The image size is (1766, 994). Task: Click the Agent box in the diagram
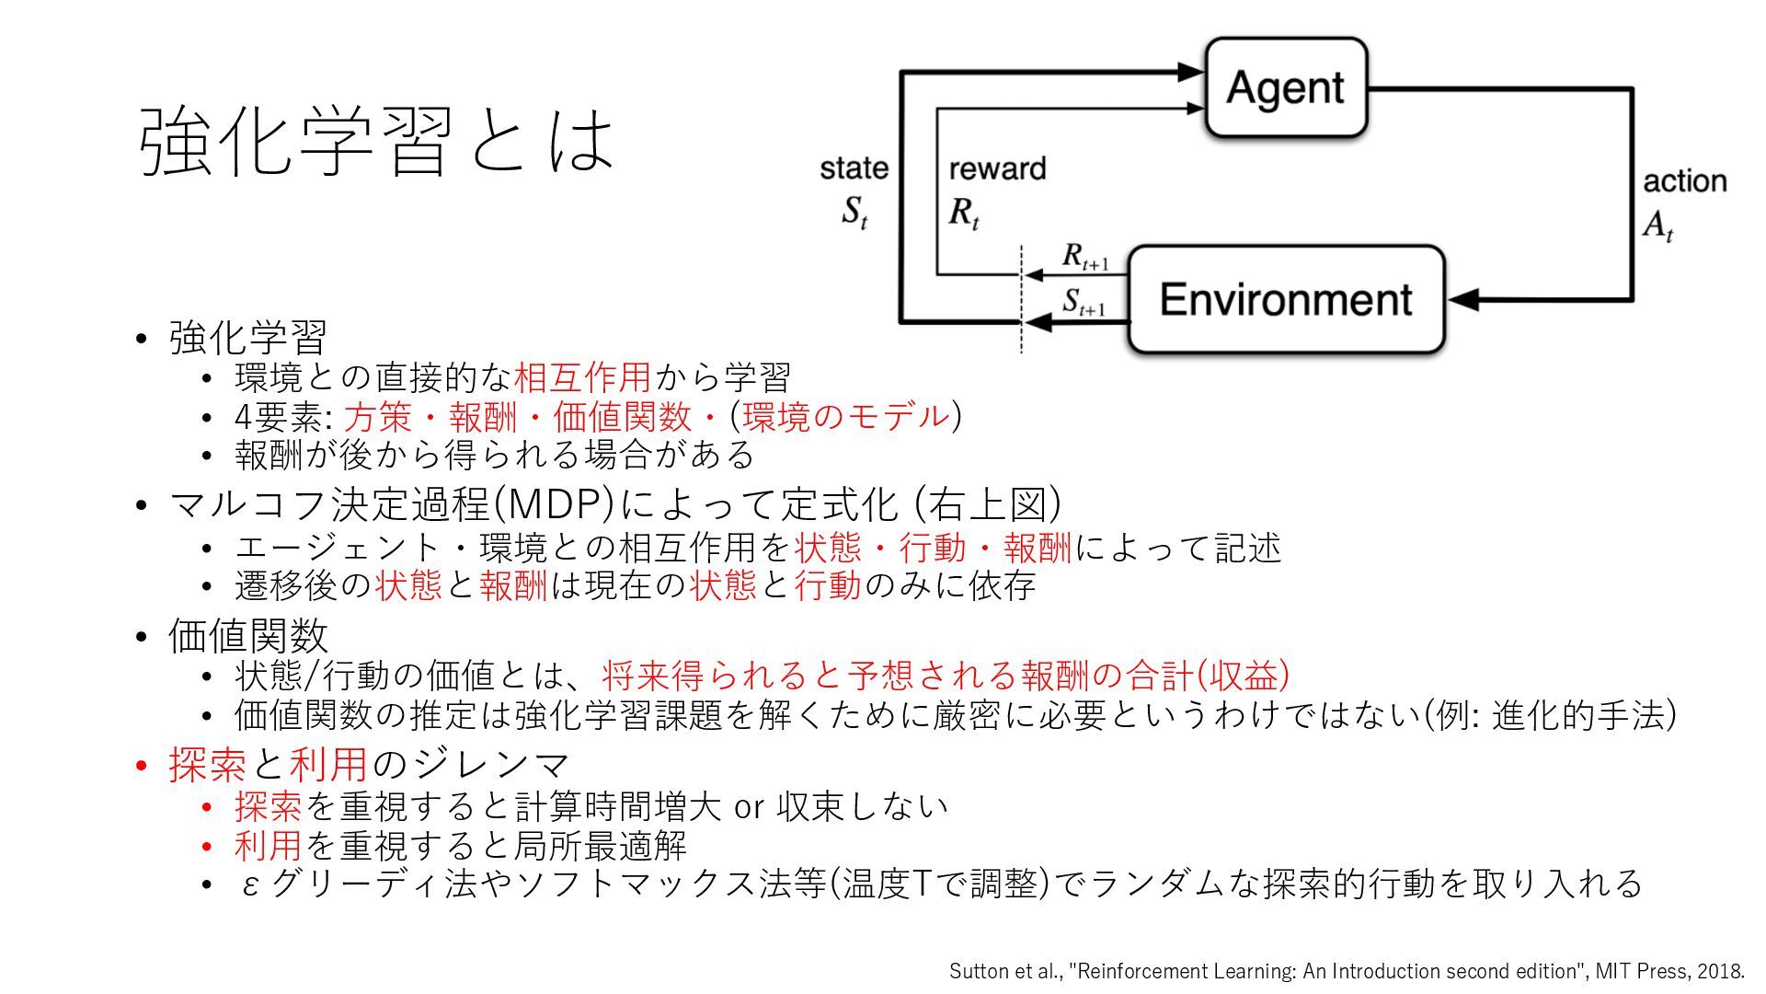coord(1286,87)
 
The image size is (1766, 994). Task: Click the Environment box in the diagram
coord(1286,299)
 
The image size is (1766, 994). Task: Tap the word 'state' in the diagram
coord(854,168)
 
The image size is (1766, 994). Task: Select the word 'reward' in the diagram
coord(997,168)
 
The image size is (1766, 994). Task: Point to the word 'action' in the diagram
coord(1684,181)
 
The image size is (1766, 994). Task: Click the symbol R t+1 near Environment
coord(1084,257)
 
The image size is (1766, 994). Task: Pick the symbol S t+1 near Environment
coord(1083,302)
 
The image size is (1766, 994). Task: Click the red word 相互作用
coord(582,377)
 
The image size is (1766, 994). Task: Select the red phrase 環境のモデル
coord(845,416)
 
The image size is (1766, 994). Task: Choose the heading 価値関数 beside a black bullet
coord(247,635)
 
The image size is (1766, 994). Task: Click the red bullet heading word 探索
coord(207,764)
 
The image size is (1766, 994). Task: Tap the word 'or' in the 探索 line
coord(749,807)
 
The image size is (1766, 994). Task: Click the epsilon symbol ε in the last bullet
coord(249,885)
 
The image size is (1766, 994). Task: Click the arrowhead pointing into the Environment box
coord(1463,299)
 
